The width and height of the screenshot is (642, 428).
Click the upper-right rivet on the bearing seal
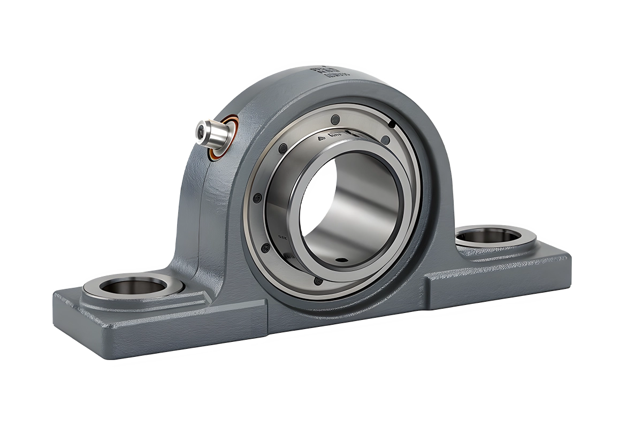pyautogui.click(x=384, y=140)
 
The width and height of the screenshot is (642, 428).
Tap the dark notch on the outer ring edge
pyautogui.click(x=393, y=124)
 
